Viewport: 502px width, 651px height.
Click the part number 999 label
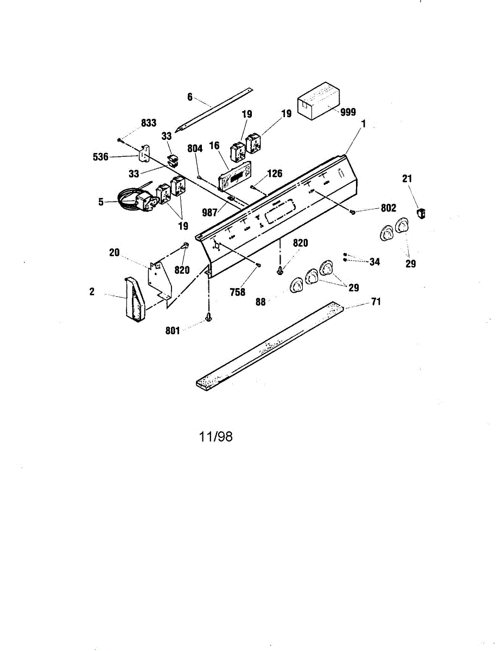[348, 112]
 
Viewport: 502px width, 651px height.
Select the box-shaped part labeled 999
[317, 101]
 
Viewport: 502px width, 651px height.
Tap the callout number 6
[190, 97]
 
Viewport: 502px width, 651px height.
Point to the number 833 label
[149, 124]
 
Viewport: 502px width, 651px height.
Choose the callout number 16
[214, 146]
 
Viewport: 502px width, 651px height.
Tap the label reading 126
[275, 174]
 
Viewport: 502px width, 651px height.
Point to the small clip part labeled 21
[421, 213]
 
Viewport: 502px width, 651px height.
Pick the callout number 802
[388, 208]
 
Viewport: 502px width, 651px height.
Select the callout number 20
[114, 253]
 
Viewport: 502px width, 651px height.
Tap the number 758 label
[238, 292]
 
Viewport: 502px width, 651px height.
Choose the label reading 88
[261, 302]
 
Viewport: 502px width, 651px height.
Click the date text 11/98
[216, 437]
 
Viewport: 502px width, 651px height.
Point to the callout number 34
[374, 262]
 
